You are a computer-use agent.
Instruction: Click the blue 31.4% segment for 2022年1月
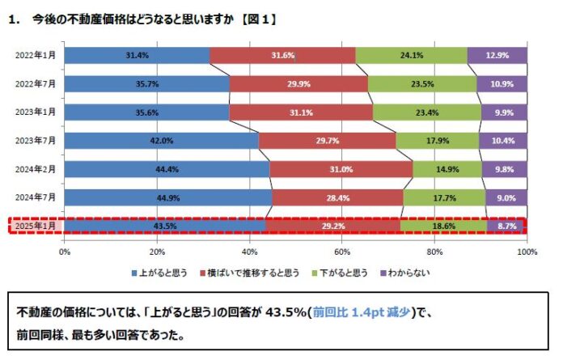(137, 55)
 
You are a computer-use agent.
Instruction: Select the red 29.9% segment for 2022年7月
(298, 84)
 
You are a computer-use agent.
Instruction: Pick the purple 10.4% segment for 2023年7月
(502, 141)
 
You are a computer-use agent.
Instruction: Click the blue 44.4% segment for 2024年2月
(167, 169)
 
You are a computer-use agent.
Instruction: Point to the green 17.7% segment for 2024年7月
(444, 197)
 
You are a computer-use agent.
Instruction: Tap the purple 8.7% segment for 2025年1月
(506, 226)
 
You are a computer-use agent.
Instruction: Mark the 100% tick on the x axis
(526, 252)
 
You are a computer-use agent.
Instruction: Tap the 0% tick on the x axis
(65, 252)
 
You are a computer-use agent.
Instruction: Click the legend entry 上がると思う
(159, 273)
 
